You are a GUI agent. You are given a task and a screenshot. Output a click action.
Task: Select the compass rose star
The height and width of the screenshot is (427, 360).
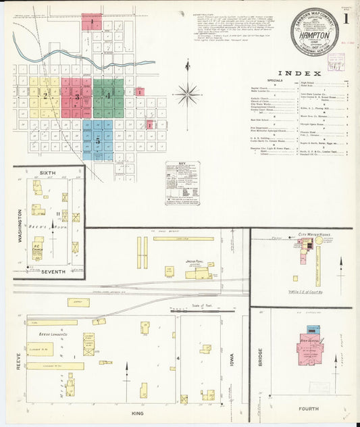(187, 93)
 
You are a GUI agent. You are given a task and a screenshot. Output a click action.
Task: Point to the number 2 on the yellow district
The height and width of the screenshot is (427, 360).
(46, 96)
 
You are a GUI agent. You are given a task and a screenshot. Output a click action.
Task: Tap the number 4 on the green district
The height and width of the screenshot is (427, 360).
(108, 96)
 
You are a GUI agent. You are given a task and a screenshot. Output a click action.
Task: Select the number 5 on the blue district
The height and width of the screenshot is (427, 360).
(98, 141)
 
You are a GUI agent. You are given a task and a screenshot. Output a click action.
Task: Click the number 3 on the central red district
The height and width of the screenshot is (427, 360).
(76, 97)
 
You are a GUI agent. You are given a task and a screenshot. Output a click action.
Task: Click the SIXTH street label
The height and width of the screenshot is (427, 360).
(47, 174)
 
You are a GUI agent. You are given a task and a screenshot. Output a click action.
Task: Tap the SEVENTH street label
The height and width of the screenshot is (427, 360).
(52, 272)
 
